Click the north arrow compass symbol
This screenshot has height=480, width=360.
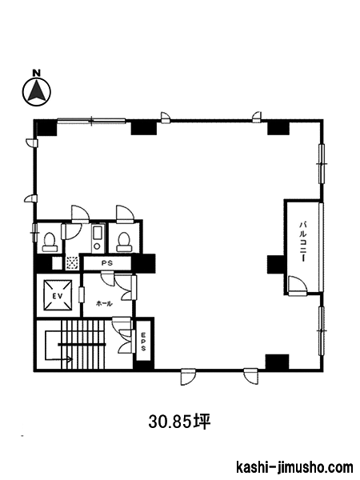pyautogui.click(x=37, y=91)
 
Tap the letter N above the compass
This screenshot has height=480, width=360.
pyautogui.click(x=37, y=73)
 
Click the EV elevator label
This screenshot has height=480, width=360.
pyautogui.click(x=58, y=296)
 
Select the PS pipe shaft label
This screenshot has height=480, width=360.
pyautogui.click(x=107, y=263)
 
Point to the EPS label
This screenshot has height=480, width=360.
pyautogui.click(x=143, y=342)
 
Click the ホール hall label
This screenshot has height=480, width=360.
pyautogui.click(x=104, y=303)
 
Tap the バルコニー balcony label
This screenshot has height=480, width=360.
pyautogui.click(x=303, y=242)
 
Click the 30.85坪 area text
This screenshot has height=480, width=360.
pyautogui.click(x=180, y=422)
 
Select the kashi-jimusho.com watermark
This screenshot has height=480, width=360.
pyautogui.click(x=294, y=467)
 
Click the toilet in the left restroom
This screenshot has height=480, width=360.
pyautogui.click(x=50, y=242)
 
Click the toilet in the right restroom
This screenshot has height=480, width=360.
pyautogui.click(x=124, y=242)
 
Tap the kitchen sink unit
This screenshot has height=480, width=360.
pyautogui.click(x=98, y=238)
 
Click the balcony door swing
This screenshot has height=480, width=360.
pyautogui.click(x=298, y=286)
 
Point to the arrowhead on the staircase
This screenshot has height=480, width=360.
pyautogui.click(x=70, y=359)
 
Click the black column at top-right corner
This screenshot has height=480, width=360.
pyautogui.click(x=278, y=128)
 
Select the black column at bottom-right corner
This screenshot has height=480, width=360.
pyautogui.click(x=277, y=362)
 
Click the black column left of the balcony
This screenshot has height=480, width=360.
pyautogui.click(x=276, y=264)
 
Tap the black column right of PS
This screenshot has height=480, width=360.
pyautogui.click(x=143, y=263)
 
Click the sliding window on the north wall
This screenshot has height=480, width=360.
pyautogui.click(x=91, y=121)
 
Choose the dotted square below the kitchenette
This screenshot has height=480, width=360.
pyautogui.click(x=72, y=263)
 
